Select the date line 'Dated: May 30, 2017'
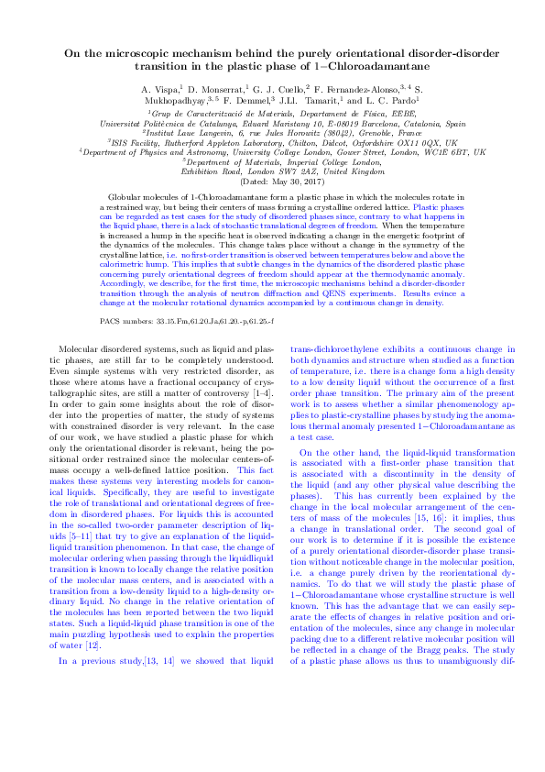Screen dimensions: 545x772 point(271,182)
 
